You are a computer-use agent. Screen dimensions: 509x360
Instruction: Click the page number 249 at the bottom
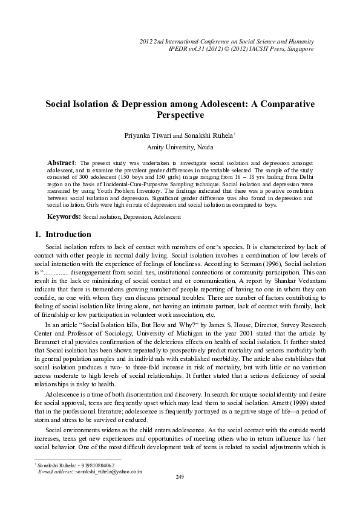pos(179,477)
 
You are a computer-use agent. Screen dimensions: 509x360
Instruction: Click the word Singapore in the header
pos(300,48)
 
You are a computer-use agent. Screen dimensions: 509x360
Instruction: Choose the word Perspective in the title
pos(179,115)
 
